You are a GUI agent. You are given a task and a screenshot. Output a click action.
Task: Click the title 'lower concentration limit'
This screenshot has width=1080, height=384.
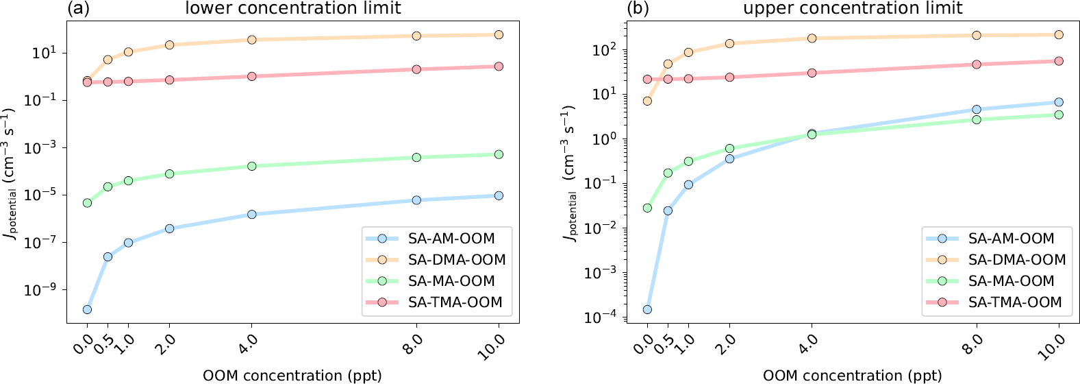pyautogui.click(x=293, y=8)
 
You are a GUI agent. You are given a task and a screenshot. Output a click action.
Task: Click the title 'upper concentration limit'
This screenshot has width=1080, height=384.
pyautogui.click(x=853, y=8)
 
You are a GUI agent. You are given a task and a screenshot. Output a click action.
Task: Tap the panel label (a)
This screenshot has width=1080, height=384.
pyautogui.click(x=79, y=8)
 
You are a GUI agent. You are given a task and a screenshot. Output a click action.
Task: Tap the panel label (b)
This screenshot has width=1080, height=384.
pyautogui.click(x=638, y=8)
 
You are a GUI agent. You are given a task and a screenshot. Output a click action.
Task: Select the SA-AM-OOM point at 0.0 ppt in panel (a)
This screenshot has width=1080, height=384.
pyautogui.click(x=87, y=309)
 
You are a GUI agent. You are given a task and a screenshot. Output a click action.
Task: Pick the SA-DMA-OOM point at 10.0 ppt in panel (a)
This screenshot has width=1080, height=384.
pyautogui.click(x=499, y=34)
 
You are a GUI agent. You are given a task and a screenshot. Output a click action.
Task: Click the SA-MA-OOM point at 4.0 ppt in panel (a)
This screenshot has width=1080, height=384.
pyautogui.click(x=252, y=166)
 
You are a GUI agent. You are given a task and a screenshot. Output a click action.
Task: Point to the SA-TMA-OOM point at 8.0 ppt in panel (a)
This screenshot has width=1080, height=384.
pyautogui.click(x=416, y=69)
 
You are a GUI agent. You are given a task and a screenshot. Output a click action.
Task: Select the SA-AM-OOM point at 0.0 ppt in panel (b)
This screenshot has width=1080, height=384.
pyautogui.click(x=647, y=309)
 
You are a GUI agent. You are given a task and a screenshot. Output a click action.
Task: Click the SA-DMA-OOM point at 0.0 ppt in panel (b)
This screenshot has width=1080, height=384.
pyautogui.click(x=647, y=101)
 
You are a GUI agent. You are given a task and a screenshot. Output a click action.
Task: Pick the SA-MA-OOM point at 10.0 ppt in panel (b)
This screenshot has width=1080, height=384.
pyautogui.click(x=1059, y=115)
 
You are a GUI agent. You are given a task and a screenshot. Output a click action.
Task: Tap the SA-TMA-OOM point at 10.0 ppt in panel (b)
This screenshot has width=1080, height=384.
pyautogui.click(x=1059, y=61)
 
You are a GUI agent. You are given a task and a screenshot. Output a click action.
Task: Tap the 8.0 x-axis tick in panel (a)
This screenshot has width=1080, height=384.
pyautogui.click(x=412, y=342)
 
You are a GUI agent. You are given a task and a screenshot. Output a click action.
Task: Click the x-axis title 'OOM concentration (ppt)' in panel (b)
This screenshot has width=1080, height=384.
pyautogui.click(x=853, y=376)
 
